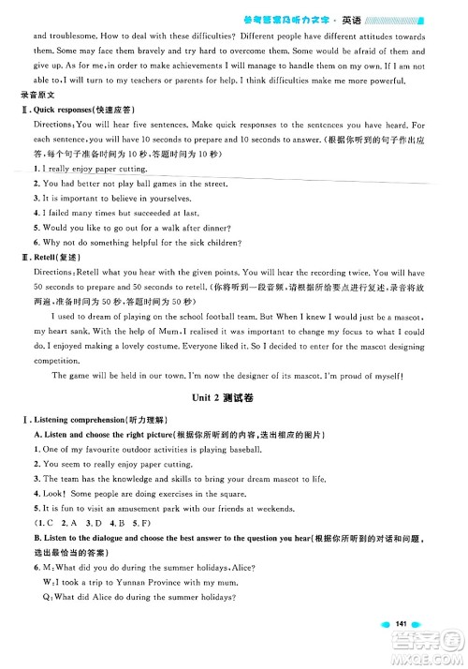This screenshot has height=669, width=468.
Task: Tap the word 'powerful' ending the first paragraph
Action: [402, 82]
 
